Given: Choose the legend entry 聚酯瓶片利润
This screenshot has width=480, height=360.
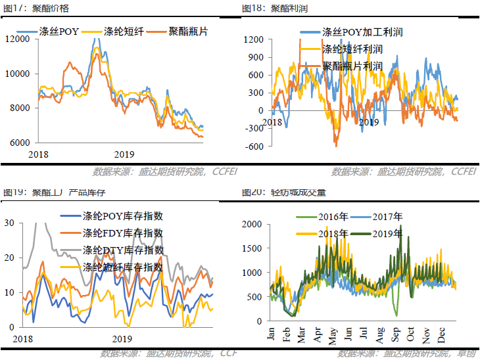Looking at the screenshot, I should tap(352, 66).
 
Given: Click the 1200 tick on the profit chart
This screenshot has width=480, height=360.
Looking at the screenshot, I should tap(253, 39).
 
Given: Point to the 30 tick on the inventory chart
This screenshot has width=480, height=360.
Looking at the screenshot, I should tap(9, 223).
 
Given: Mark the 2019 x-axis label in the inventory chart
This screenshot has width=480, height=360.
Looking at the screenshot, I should tap(123, 339).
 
